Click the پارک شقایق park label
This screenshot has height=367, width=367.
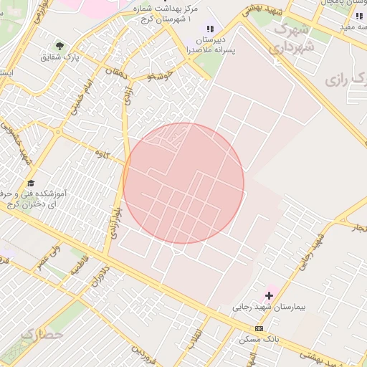(x=61, y=56)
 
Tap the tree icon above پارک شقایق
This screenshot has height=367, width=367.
(x=59, y=44)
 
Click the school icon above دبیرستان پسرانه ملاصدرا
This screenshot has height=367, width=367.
(x=209, y=29)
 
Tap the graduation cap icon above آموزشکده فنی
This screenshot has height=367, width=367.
(x=30, y=184)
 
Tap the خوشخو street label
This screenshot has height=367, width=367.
(x=161, y=75)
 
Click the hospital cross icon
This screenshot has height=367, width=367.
(x=270, y=295)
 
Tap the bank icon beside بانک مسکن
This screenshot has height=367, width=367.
(x=258, y=328)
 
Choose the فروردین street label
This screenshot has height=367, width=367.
(x=144, y=352)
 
